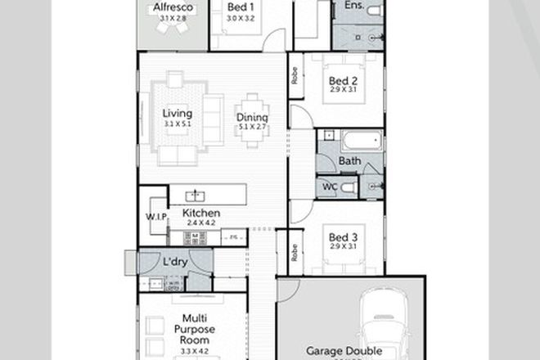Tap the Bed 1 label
[x=240, y=7]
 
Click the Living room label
[x=177, y=114]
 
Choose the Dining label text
[x=253, y=117]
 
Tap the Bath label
[x=349, y=161]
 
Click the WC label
[x=329, y=187]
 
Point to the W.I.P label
[x=155, y=216]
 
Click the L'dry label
[x=176, y=262]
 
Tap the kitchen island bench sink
[x=196, y=195]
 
